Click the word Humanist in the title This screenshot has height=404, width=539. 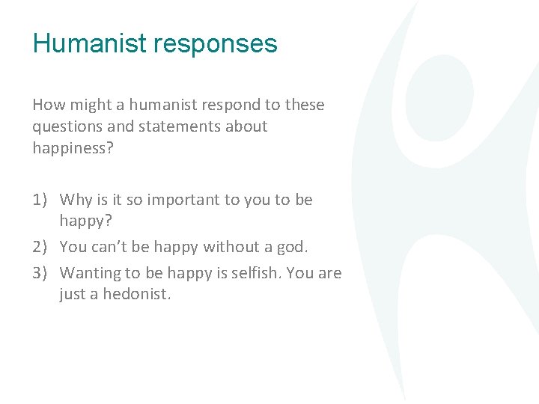pyautogui.click(x=89, y=43)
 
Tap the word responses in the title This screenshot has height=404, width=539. pyautogui.click(x=215, y=45)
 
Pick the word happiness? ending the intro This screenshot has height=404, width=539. pyautogui.click(x=73, y=149)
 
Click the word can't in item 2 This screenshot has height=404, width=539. pyautogui.click(x=109, y=246)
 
